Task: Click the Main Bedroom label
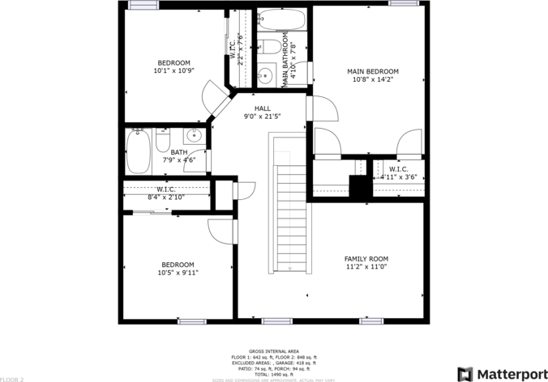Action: (x=372, y=71)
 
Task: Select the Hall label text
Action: (x=262, y=108)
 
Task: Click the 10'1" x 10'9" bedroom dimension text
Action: (x=173, y=71)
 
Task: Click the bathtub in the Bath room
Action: (x=138, y=151)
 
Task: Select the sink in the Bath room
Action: (x=194, y=135)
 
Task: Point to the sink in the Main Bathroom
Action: (x=264, y=77)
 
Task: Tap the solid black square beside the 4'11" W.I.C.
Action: (x=358, y=185)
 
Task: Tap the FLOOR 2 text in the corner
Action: (x=12, y=379)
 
